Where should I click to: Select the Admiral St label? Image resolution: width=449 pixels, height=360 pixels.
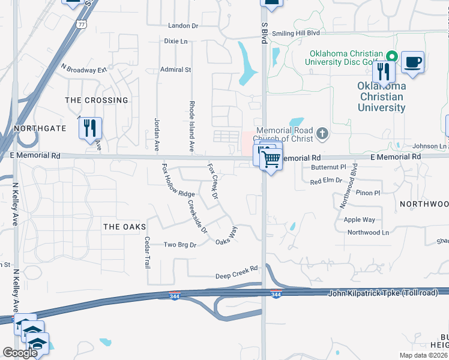click(175, 70)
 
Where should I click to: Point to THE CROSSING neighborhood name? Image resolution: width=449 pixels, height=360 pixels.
click(97, 100)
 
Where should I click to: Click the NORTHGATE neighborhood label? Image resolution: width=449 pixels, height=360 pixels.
click(40, 128)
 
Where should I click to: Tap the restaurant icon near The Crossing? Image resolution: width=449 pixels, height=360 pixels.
click(90, 128)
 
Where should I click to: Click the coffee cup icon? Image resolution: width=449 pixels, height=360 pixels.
click(412, 62)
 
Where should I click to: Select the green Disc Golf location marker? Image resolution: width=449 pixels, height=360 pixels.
click(391, 57)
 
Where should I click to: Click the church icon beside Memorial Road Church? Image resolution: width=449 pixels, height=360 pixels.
click(322, 133)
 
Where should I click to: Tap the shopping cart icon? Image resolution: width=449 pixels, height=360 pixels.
click(271, 159)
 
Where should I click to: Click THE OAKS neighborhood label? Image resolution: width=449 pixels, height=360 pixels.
click(125, 226)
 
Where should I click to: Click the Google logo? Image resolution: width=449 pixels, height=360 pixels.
click(20, 353)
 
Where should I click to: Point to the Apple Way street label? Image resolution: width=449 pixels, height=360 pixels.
click(360, 220)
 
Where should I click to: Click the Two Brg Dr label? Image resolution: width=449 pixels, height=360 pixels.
click(180, 245)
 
